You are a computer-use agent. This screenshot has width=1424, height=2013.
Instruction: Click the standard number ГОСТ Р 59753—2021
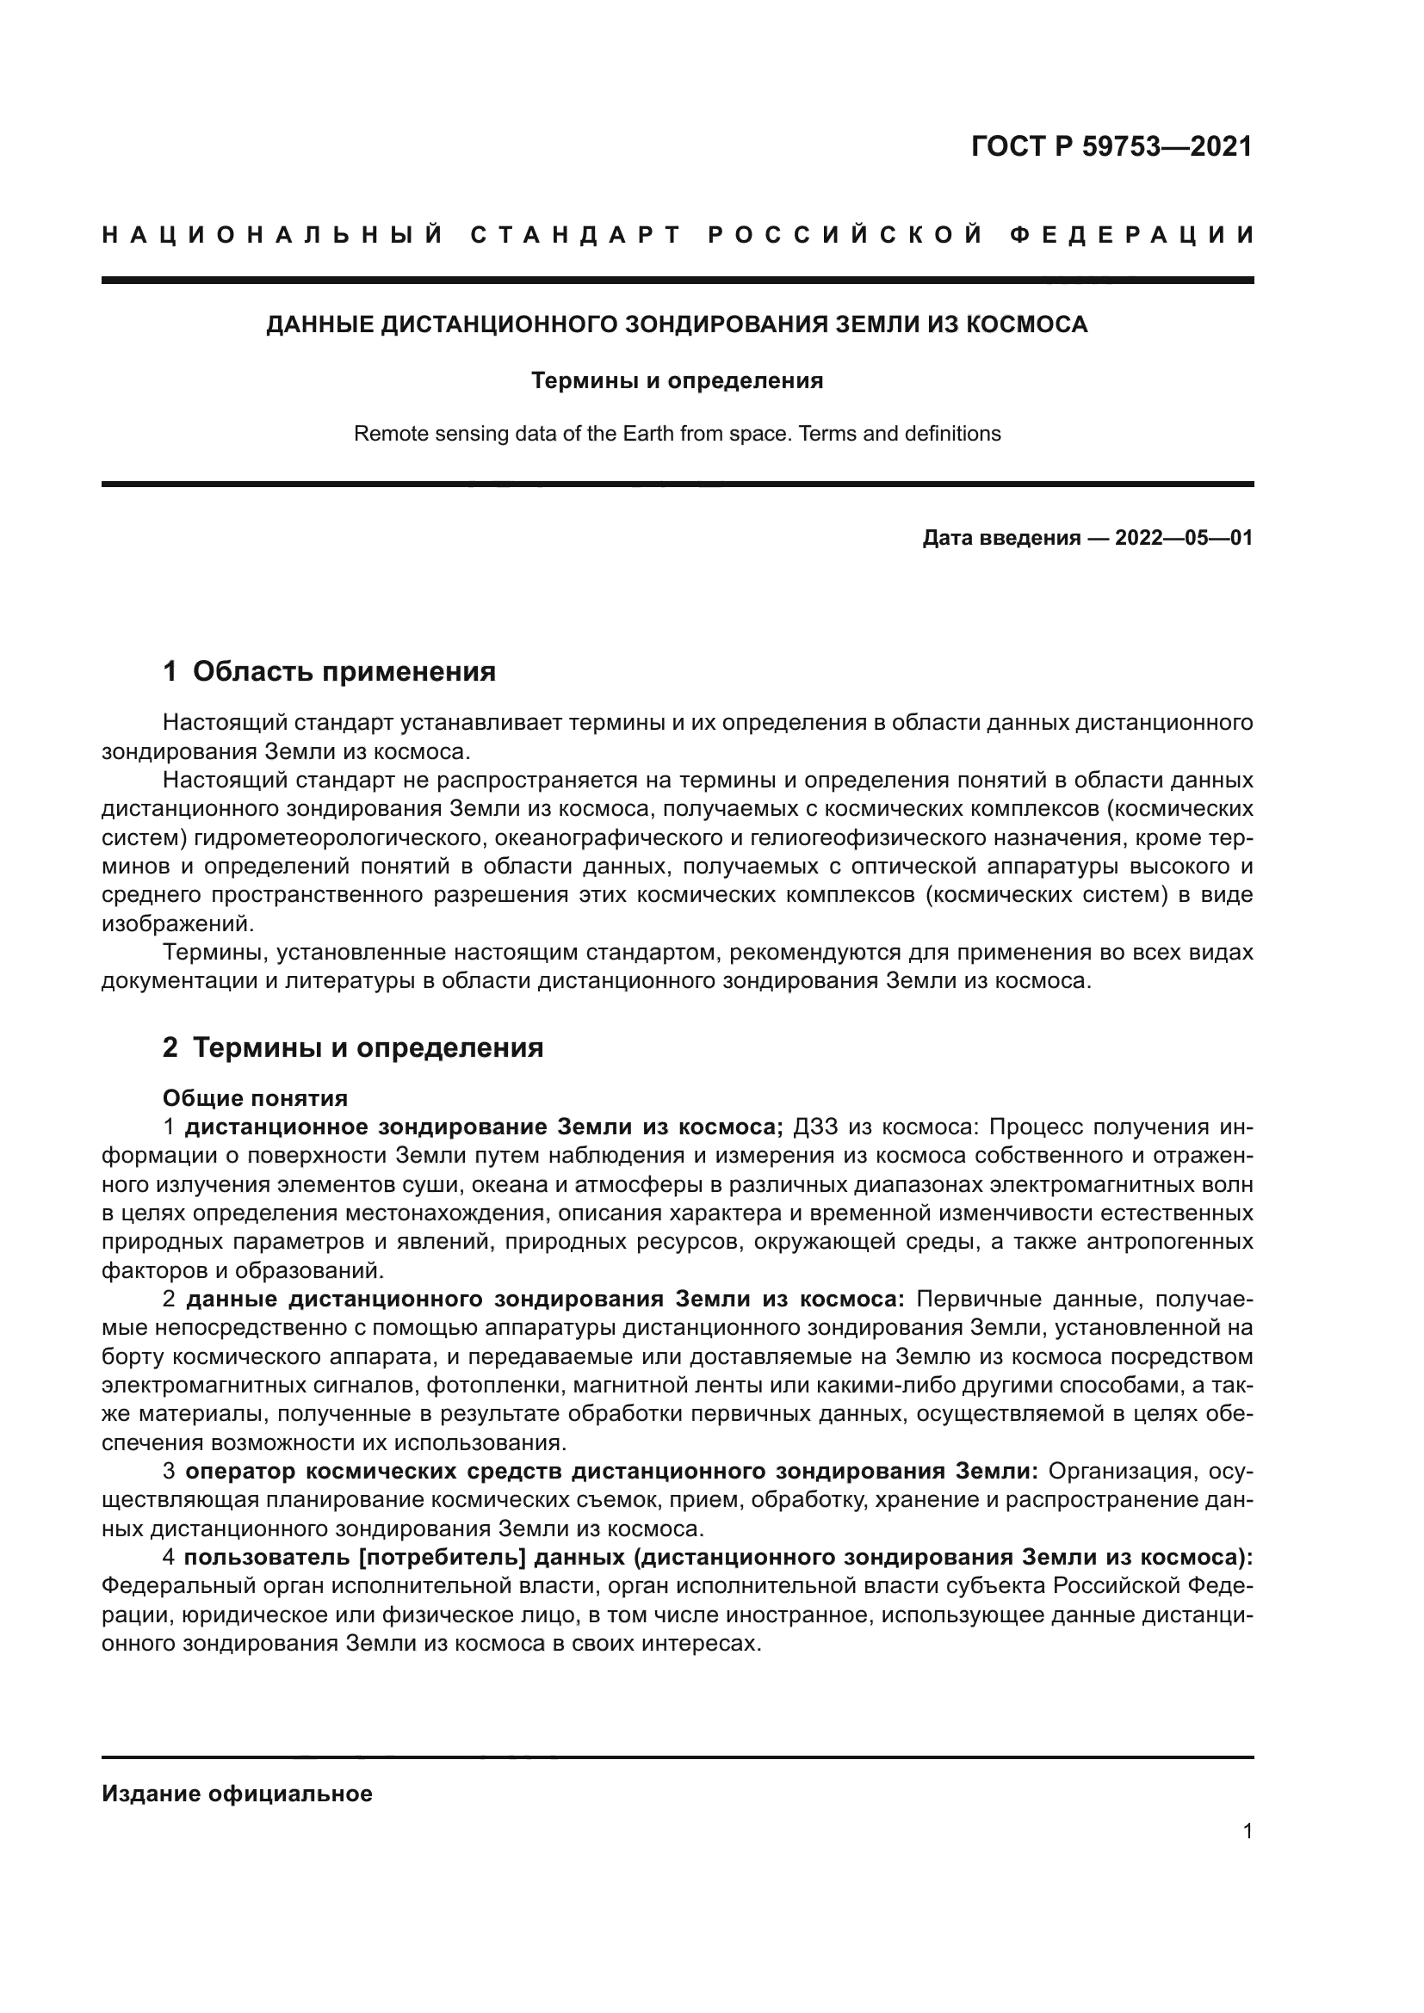click(1111, 146)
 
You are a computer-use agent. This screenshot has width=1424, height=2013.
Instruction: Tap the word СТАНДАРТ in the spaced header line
click(576, 235)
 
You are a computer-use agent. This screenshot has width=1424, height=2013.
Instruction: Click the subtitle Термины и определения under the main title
click(677, 380)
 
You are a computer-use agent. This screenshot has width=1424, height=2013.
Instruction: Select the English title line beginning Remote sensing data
click(677, 434)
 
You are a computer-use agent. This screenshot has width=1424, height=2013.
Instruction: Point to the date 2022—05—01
click(1184, 538)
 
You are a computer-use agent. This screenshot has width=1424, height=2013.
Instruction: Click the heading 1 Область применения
click(330, 671)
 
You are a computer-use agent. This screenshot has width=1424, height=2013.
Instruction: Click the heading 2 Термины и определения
click(353, 1047)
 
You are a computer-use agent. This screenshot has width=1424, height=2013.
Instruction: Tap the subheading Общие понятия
click(255, 1098)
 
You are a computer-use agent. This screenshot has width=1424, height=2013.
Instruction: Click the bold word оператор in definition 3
click(240, 1471)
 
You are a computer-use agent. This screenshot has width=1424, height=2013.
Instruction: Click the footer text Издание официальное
click(237, 1794)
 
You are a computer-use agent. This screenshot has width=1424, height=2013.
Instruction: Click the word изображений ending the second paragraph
click(177, 924)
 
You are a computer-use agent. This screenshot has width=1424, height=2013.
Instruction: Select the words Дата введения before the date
click(1000, 538)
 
